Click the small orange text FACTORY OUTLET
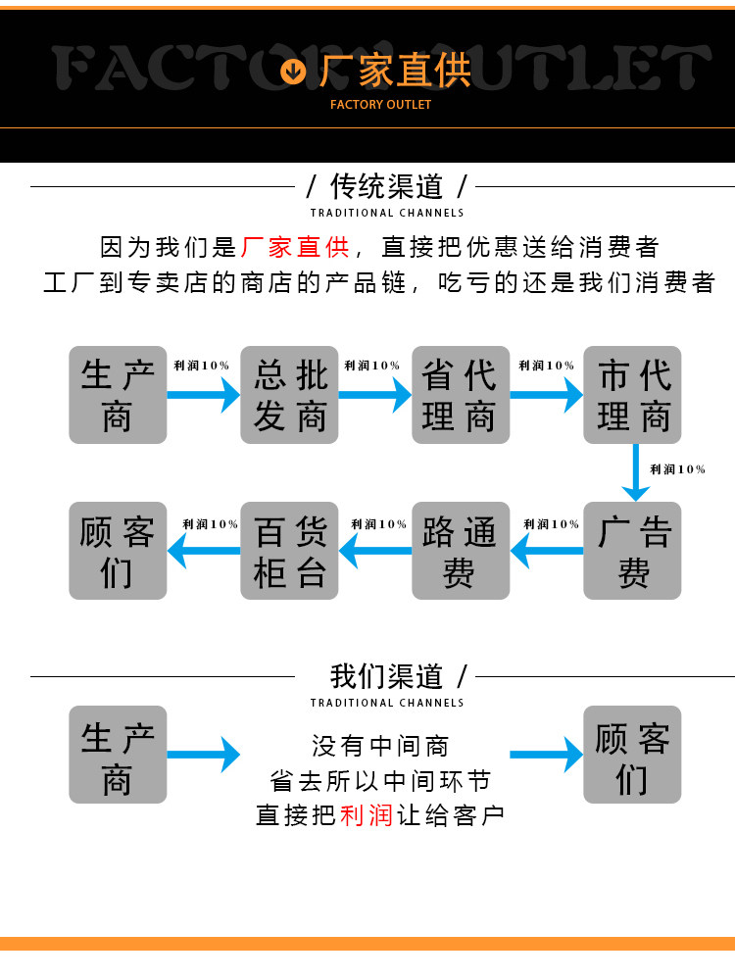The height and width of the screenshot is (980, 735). point(380,105)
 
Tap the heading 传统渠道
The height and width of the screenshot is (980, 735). point(387,186)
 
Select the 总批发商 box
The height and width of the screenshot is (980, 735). point(289,395)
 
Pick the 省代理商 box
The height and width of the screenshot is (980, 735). point(461,395)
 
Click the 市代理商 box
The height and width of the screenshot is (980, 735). point(632,395)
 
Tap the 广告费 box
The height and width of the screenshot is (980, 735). point(632,551)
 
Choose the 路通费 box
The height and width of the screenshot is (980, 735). point(461,551)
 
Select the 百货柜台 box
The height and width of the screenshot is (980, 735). point(289,551)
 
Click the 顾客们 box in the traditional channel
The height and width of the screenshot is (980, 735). point(118,551)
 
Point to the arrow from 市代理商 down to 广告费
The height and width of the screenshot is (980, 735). point(636,472)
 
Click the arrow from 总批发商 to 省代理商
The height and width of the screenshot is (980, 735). point(375,395)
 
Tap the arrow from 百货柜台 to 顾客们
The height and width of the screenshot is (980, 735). point(204,551)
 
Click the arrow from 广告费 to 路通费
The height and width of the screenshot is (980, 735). point(547,551)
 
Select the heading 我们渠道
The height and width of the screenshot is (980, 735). point(387,676)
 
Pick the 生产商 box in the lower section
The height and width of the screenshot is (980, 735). point(118,755)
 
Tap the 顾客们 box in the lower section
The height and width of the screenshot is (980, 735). point(632,755)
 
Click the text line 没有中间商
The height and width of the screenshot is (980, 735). point(380,746)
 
